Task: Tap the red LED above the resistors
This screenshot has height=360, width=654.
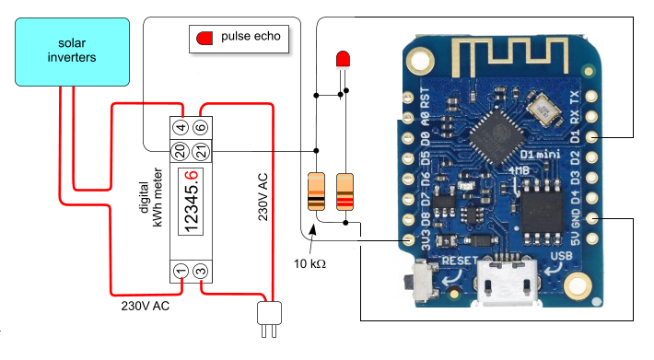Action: point(344,59)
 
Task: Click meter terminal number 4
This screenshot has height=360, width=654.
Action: point(181,127)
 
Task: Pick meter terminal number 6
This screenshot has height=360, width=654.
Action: point(201,127)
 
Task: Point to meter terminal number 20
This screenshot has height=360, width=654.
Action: point(181,149)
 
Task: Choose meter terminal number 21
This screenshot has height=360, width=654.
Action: point(201,149)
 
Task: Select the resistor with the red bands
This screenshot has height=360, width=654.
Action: point(345,192)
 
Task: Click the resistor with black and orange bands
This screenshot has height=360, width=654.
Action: point(315,192)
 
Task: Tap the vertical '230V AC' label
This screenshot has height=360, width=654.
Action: point(264,193)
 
